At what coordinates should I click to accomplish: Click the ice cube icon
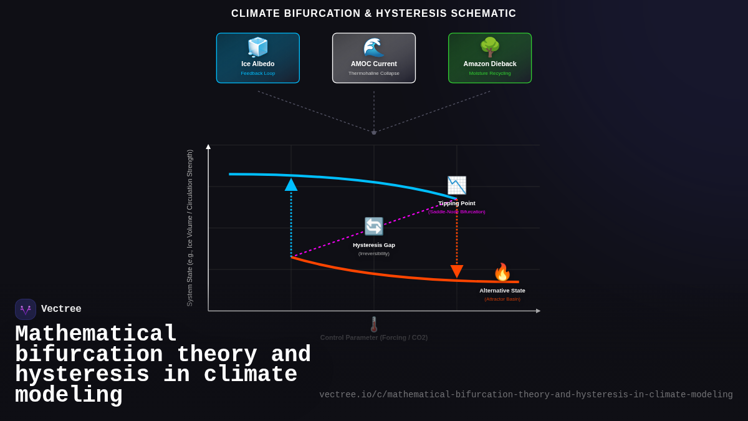coord(257,47)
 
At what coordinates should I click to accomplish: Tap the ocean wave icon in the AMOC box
coord(374,47)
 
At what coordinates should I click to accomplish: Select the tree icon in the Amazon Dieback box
coord(490,47)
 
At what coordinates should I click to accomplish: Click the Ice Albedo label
coord(258,64)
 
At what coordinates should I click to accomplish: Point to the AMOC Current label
coord(374,64)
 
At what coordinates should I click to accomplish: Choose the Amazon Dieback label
coord(490,64)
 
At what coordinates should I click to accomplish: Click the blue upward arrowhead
coord(291,185)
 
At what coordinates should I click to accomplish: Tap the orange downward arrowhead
coord(457,271)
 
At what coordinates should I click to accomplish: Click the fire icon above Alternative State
coord(502,273)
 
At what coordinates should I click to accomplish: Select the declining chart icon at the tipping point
coord(457,185)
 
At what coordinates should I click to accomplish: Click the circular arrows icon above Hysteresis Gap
coord(374,226)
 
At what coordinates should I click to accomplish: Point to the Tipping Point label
coord(457,203)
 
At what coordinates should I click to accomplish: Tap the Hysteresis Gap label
coord(374,245)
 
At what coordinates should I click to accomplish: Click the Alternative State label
coord(502,291)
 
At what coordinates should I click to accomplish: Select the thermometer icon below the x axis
coord(374,324)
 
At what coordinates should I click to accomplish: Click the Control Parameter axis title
coord(374,337)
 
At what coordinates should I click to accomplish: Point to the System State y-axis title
coord(190,228)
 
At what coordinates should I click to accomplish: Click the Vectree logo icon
coord(26,309)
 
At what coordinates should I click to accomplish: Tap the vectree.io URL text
coord(526,395)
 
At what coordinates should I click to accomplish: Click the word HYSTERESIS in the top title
coord(411,14)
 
